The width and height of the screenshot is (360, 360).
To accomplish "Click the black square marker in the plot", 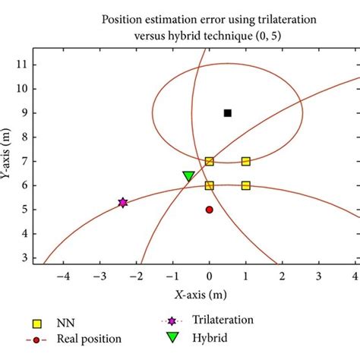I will pos(228,113).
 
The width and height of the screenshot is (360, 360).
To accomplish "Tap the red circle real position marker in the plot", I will pos(210,210).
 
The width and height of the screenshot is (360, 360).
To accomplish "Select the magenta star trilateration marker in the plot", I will pos(122,203).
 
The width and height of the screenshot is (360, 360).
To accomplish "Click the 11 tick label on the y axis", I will pos(23,65).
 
